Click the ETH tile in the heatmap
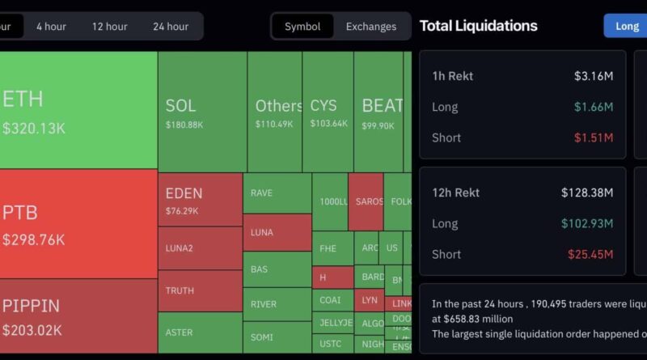(78, 110)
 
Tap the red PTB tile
(78, 224)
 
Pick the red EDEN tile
(200, 200)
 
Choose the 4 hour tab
(51, 26)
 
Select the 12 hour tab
(109, 26)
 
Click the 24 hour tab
(171, 26)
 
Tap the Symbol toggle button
(302, 26)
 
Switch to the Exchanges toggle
(371, 26)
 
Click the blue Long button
(627, 26)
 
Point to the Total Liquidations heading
(478, 26)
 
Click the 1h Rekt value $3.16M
(593, 76)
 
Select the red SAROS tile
(368, 201)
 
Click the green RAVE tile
(277, 193)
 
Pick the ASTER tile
(200, 332)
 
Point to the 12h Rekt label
(455, 193)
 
